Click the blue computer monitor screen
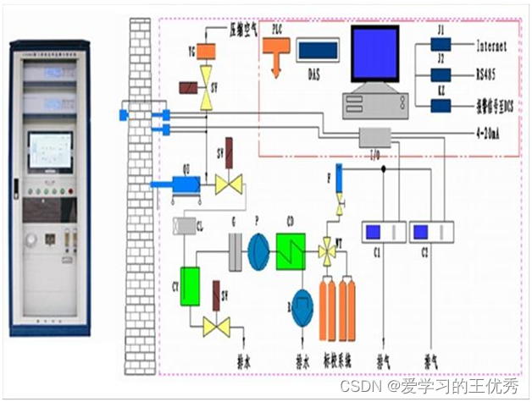click(374, 52)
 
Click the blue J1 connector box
click(441, 46)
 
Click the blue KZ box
click(441, 105)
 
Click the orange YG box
click(206, 51)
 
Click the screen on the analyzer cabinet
click(50, 151)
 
